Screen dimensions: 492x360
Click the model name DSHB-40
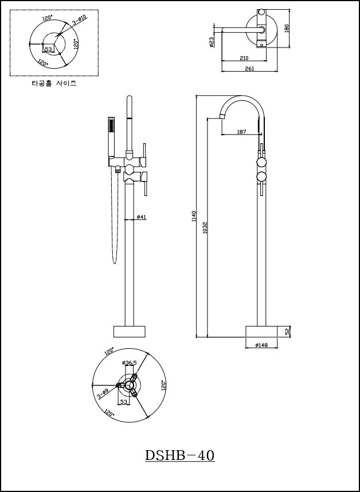click(x=179, y=456)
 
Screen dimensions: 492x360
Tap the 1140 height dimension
click(x=194, y=216)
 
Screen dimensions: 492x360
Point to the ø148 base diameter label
click(x=261, y=345)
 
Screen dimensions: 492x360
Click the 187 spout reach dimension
click(x=241, y=132)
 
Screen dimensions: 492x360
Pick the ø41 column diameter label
click(x=142, y=217)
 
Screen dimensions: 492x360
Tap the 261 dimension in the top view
click(x=249, y=69)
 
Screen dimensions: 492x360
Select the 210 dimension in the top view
click(x=244, y=58)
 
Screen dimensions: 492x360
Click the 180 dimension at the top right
click(x=287, y=28)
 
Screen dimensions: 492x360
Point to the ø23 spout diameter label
click(x=212, y=42)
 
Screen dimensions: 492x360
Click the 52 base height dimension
click(x=288, y=331)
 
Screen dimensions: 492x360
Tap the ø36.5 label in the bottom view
click(x=130, y=363)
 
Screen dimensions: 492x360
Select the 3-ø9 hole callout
click(x=102, y=394)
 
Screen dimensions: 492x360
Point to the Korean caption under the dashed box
click(x=53, y=83)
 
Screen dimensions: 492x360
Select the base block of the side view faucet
click(x=261, y=331)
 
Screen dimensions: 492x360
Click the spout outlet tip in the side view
click(x=221, y=117)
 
